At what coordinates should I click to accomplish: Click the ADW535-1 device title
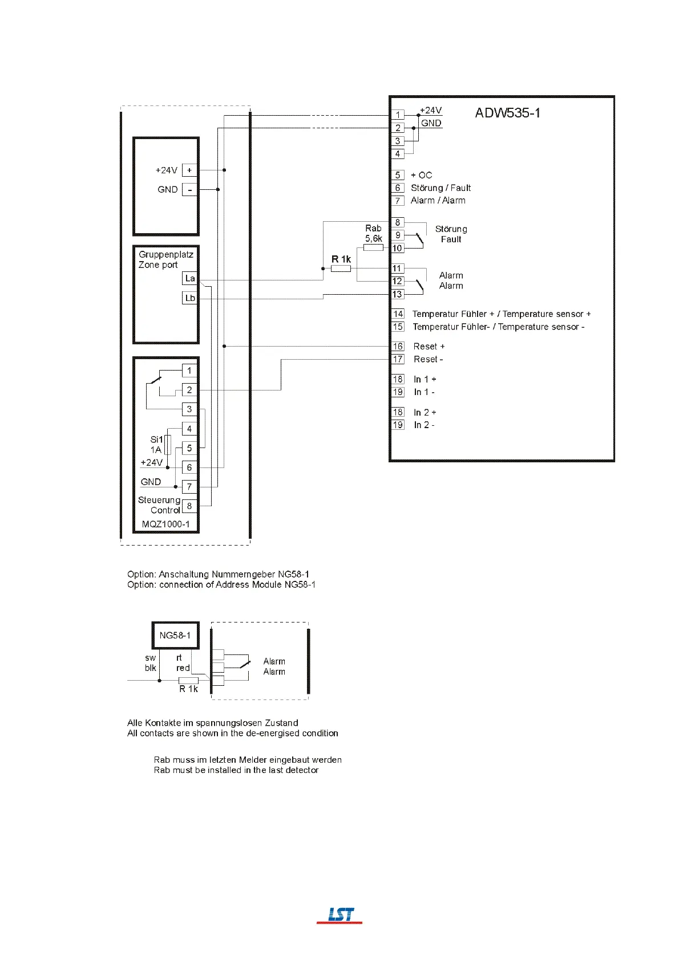507,113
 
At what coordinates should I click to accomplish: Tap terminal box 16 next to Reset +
398,346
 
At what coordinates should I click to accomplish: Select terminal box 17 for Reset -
398,359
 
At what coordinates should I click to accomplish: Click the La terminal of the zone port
190,278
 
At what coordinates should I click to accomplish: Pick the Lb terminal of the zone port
190,298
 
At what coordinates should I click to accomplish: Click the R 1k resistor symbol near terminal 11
341,269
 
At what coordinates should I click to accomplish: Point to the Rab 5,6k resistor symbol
373,247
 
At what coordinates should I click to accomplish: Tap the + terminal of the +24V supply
189,170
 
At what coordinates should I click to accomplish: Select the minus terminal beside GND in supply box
189,189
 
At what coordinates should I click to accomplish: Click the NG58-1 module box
175,635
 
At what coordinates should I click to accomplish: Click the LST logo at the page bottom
340,915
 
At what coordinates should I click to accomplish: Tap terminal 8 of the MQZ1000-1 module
189,506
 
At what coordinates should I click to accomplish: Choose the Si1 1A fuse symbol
168,444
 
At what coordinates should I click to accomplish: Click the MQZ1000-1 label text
165,524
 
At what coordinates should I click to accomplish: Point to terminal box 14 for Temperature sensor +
398,314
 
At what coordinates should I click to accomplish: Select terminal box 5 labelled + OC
398,175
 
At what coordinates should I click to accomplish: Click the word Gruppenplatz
166,254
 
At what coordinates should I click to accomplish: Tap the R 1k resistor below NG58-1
188,681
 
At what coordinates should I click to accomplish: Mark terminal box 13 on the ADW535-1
397,294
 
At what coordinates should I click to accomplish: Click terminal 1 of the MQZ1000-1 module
189,371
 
